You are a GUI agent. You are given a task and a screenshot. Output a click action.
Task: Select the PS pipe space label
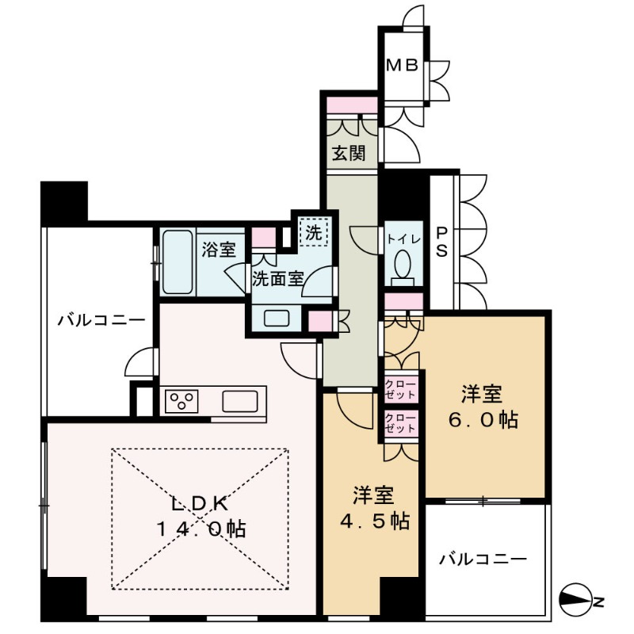pos(442,242)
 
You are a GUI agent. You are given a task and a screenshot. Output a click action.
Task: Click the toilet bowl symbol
pos(403,265)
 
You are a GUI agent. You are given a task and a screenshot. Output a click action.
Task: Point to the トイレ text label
pos(402,238)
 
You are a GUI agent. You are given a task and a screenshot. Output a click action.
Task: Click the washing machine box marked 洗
pos(315,235)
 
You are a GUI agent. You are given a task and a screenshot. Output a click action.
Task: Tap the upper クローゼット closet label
pos(400,388)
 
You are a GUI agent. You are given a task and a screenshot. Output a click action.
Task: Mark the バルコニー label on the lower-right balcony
pos(483,560)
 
